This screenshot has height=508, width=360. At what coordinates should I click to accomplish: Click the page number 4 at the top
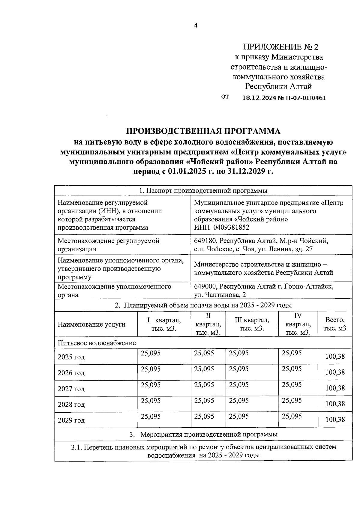[196, 26]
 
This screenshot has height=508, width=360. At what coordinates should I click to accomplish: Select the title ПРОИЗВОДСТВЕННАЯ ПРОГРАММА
[203, 131]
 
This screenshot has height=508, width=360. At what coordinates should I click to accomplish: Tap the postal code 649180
[204, 241]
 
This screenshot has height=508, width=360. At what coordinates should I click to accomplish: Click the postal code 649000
[204, 286]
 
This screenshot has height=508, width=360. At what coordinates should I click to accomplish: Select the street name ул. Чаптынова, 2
[220, 295]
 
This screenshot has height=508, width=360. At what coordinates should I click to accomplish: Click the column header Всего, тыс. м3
[334, 324]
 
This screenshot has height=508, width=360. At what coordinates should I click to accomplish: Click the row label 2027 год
[71, 389]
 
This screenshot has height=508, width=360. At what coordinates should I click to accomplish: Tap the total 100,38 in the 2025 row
[335, 357]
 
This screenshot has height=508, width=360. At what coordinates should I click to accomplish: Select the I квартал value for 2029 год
[151, 416]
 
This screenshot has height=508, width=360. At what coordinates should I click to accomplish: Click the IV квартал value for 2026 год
[292, 369]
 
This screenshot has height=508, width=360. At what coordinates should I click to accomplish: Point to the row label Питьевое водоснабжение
[97, 343]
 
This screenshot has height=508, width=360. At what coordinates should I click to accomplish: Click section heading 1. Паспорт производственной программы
[203, 191]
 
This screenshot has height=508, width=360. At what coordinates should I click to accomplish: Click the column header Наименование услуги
[91, 324]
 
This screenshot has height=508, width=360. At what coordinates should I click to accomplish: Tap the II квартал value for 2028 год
[204, 400]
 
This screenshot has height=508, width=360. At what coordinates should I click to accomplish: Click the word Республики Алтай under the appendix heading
[278, 87]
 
